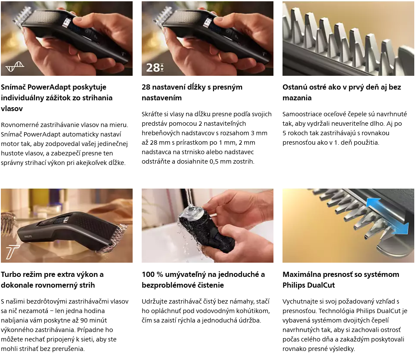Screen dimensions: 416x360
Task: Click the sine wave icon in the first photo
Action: [15, 66]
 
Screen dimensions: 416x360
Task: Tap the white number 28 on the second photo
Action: [153, 68]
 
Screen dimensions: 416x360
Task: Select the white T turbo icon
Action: [12, 252]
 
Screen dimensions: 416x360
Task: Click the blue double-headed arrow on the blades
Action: [387, 216]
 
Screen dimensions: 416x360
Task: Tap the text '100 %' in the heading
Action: [152, 274]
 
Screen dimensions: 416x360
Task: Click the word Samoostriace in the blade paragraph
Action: [301, 114]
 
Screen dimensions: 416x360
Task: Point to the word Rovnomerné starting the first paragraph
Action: [19, 125]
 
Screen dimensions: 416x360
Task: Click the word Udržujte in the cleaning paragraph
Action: [155, 301]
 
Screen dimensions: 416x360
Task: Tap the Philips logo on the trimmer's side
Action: [28, 237]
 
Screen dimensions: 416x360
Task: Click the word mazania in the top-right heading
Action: [297, 98]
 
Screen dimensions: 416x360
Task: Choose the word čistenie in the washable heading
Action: [209, 285]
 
